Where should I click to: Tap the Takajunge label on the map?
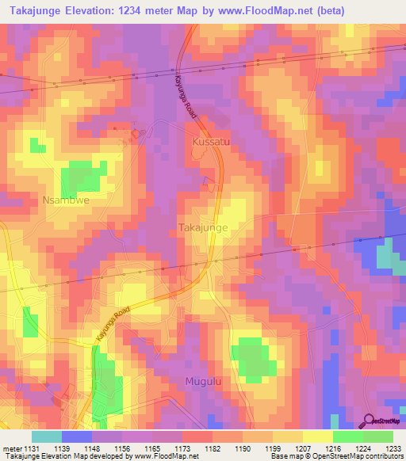click(x=203, y=227)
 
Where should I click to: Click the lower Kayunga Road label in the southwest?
click(x=112, y=326)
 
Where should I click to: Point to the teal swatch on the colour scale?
click(x=46, y=436)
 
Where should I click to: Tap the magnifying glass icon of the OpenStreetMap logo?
click(x=368, y=420)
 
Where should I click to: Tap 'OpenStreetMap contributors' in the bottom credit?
click(x=359, y=455)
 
